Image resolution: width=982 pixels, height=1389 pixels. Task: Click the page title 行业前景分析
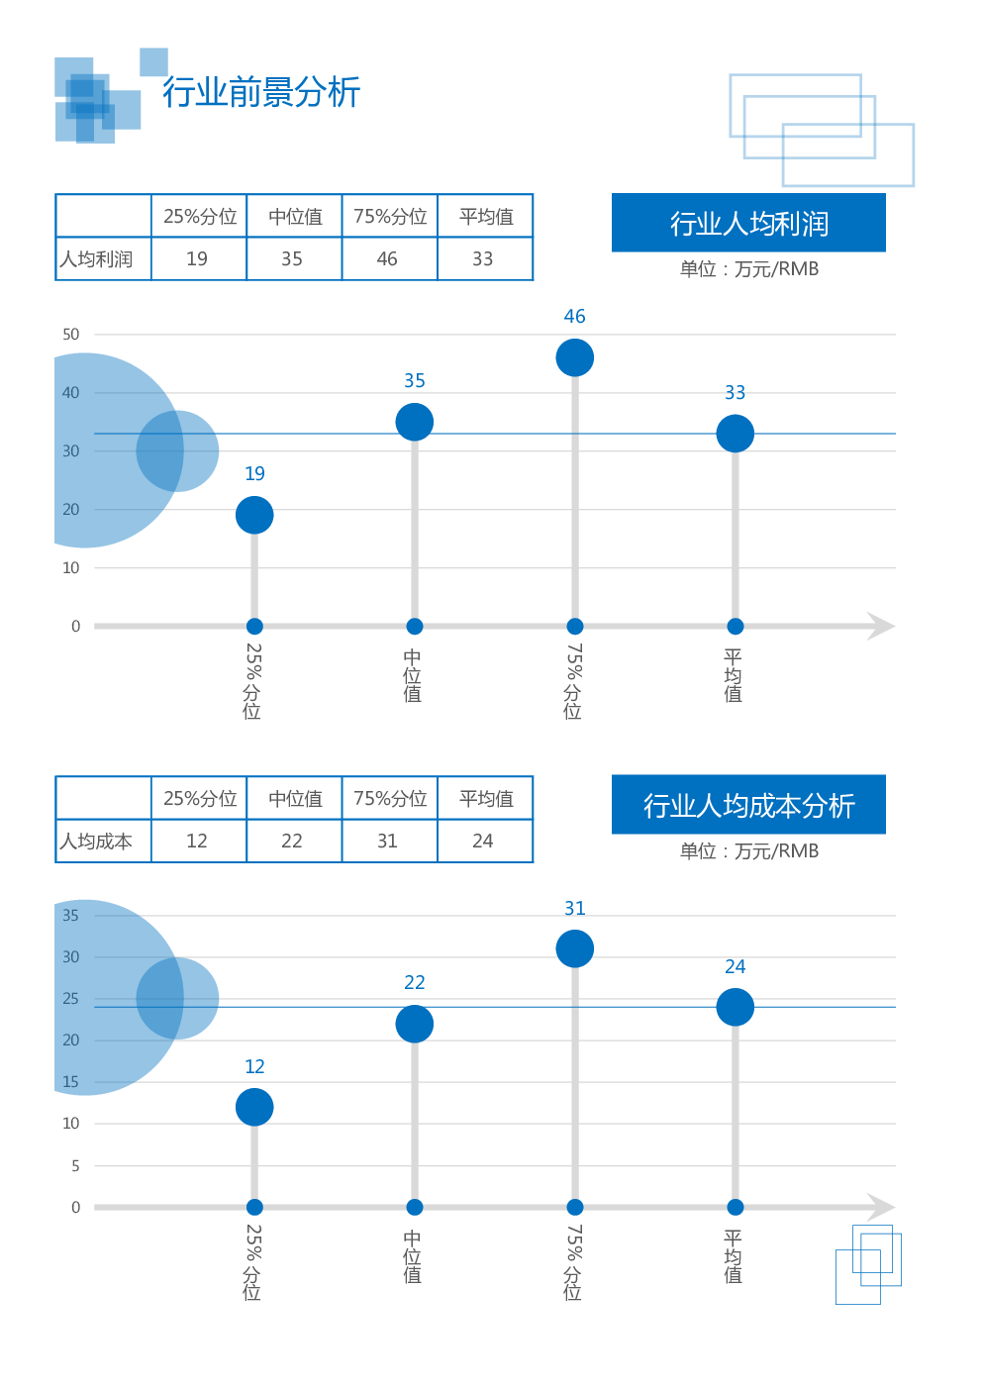(261, 92)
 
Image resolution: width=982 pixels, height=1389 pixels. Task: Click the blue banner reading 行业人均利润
(748, 224)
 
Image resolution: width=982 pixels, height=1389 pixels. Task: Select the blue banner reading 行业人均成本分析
(748, 806)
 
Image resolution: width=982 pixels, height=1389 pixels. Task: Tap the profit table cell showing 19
(197, 259)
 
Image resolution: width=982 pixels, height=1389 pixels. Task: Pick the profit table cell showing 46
(387, 259)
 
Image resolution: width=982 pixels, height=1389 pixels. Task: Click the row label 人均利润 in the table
(96, 259)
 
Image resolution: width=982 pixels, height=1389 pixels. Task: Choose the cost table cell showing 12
(197, 842)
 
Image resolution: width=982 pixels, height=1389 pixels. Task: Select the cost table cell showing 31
(387, 842)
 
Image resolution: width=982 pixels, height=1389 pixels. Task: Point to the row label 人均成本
(96, 842)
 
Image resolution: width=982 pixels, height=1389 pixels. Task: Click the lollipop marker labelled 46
(574, 357)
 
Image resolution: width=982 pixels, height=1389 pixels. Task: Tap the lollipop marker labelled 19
(254, 515)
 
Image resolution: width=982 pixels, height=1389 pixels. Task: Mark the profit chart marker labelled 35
(415, 422)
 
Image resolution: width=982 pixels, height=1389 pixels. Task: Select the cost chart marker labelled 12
(254, 1107)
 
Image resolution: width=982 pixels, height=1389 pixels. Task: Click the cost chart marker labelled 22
(415, 1024)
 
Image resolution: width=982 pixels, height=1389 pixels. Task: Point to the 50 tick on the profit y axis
(70, 335)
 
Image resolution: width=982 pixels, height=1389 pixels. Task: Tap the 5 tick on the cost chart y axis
(75, 1166)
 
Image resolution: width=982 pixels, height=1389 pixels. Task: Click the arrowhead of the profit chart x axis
(880, 626)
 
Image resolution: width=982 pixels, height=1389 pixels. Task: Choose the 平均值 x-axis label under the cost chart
(733, 1256)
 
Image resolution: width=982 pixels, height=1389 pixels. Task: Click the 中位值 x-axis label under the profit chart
(413, 675)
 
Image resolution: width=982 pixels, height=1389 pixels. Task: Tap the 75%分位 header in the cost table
(390, 799)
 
